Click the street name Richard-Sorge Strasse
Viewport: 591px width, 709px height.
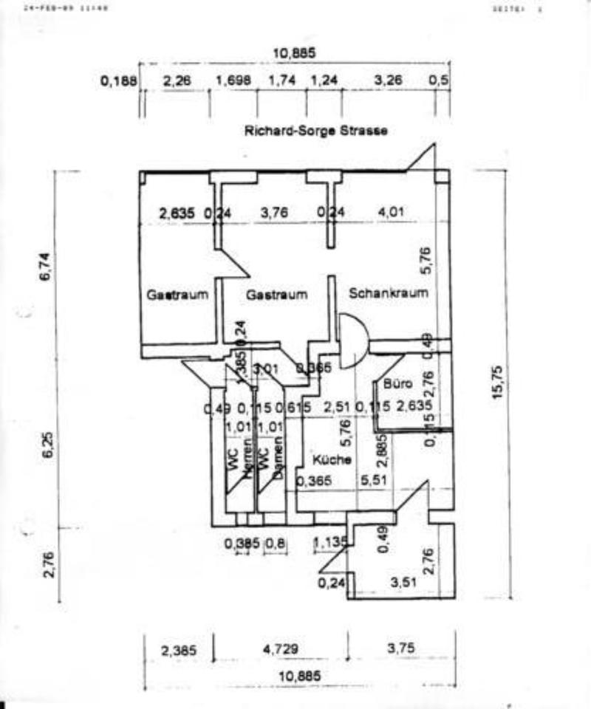pos(316,131)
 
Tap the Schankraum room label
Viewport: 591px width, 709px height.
pos(389,293)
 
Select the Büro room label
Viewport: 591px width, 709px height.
pos(397,384)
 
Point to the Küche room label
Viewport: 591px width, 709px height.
pos(331,459)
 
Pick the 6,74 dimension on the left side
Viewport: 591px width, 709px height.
pos(47,267)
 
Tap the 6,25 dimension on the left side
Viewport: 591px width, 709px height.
pos(47,450)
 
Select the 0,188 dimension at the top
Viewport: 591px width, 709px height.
pos(119,81)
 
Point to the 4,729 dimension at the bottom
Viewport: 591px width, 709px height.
pos(281,650)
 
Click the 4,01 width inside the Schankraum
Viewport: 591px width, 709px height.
pos(392,213)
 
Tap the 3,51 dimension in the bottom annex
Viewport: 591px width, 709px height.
pos(406,583)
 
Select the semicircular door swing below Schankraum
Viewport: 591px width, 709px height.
pos(353,342)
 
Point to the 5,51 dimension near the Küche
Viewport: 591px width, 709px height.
pos(374,481)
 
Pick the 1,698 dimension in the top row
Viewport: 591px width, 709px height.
pos(233,81)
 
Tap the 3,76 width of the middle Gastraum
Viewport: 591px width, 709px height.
pos(276,213)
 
